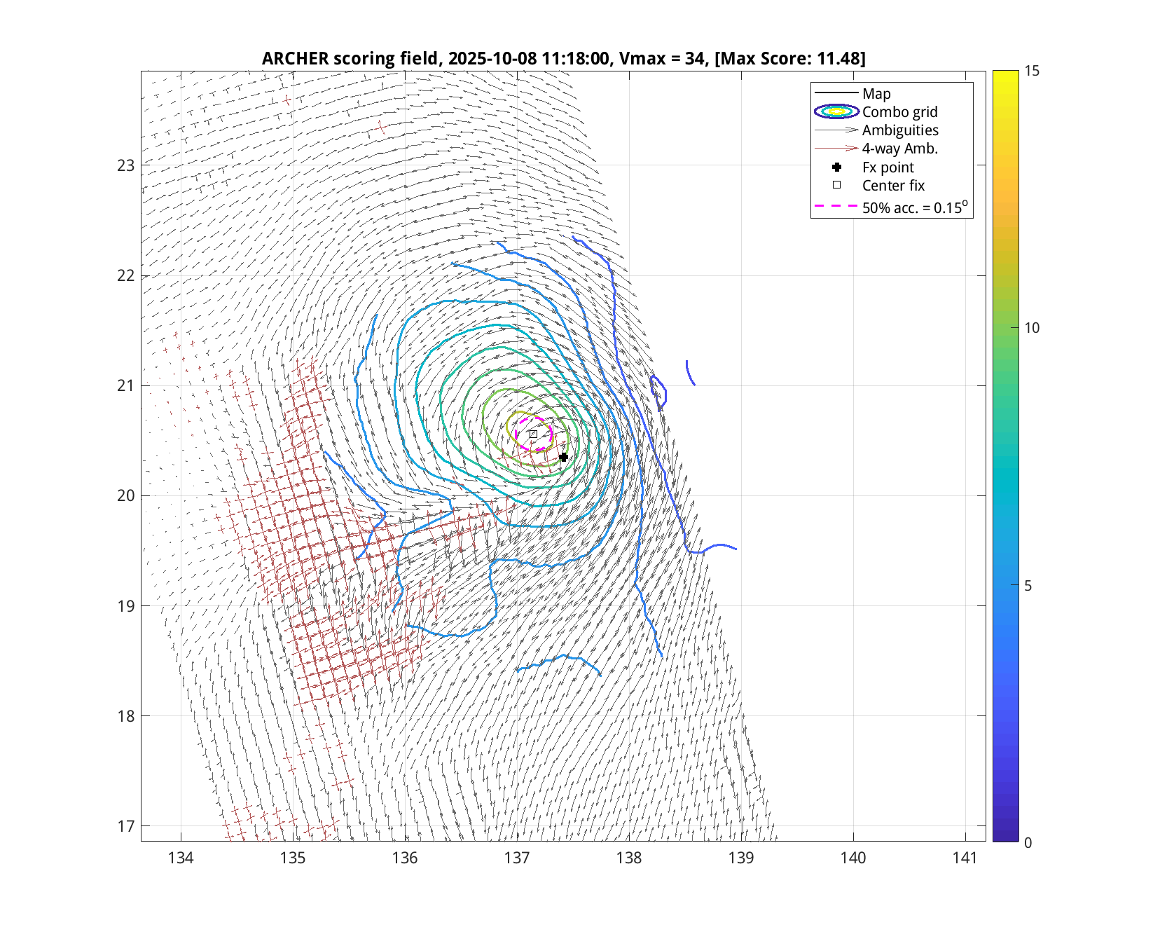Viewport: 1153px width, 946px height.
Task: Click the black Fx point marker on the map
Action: pos(563,457)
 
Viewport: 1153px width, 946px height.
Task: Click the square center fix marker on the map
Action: pos(533,434)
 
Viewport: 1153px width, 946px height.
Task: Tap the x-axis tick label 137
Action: pos(517,858)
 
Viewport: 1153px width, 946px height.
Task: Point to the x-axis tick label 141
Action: pos(965,858)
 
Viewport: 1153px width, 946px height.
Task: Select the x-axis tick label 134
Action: pos(181,858)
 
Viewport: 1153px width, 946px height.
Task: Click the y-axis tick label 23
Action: pos(125,166)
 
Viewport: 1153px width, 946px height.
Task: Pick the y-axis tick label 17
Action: pos(125,826)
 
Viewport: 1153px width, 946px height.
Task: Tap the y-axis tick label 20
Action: pos(125,496)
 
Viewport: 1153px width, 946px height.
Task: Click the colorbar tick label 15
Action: pos(1032,71)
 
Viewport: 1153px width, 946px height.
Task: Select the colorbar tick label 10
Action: pos(1032,328)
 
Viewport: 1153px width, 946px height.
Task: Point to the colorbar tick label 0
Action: pos(1028,842)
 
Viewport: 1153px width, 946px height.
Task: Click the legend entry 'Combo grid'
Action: pos(899,112)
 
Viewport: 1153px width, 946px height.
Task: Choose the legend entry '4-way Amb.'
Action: pos(899,149)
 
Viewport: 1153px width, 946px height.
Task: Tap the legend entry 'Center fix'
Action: pos(893,186)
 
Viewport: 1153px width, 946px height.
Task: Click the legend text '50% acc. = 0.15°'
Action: pos(914,207)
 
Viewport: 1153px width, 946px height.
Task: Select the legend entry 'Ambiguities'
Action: pos(900,130)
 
